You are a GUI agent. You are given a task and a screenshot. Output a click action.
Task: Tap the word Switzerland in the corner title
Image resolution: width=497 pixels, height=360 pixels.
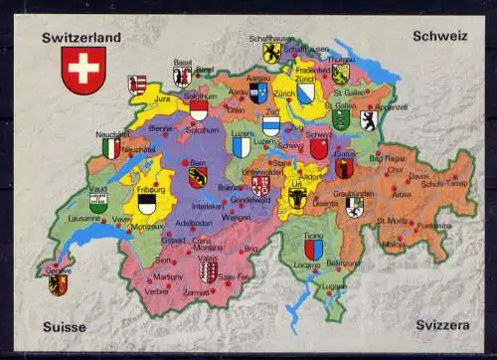coord(82,38)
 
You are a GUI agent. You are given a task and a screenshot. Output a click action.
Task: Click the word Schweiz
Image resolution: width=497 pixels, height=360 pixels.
coord(439,36)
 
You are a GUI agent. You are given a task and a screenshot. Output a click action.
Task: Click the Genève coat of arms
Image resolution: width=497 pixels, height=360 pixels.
coord(58,284)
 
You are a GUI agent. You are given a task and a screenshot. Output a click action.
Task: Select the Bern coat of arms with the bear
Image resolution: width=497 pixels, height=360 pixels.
coord(197,176)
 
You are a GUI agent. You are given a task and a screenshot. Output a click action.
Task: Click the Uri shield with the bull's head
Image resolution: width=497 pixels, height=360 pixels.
coord(297,199)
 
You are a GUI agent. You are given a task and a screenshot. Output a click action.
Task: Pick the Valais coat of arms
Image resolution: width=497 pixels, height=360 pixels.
coord(208,271)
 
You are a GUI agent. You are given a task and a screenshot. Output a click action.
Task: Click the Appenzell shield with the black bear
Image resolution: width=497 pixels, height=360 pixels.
coord(368,120)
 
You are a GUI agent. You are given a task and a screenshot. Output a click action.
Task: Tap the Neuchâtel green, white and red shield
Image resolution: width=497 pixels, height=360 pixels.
coord(111,148)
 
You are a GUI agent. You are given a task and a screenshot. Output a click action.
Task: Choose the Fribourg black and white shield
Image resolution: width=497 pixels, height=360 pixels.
coord(147,204)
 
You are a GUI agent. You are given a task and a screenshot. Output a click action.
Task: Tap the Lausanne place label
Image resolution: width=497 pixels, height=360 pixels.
coord(83,218)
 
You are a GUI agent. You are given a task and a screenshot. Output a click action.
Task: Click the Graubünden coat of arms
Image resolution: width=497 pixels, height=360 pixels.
coord(355,206)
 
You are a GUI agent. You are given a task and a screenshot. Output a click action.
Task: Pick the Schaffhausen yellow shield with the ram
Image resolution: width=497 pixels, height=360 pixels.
coord(270,52)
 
